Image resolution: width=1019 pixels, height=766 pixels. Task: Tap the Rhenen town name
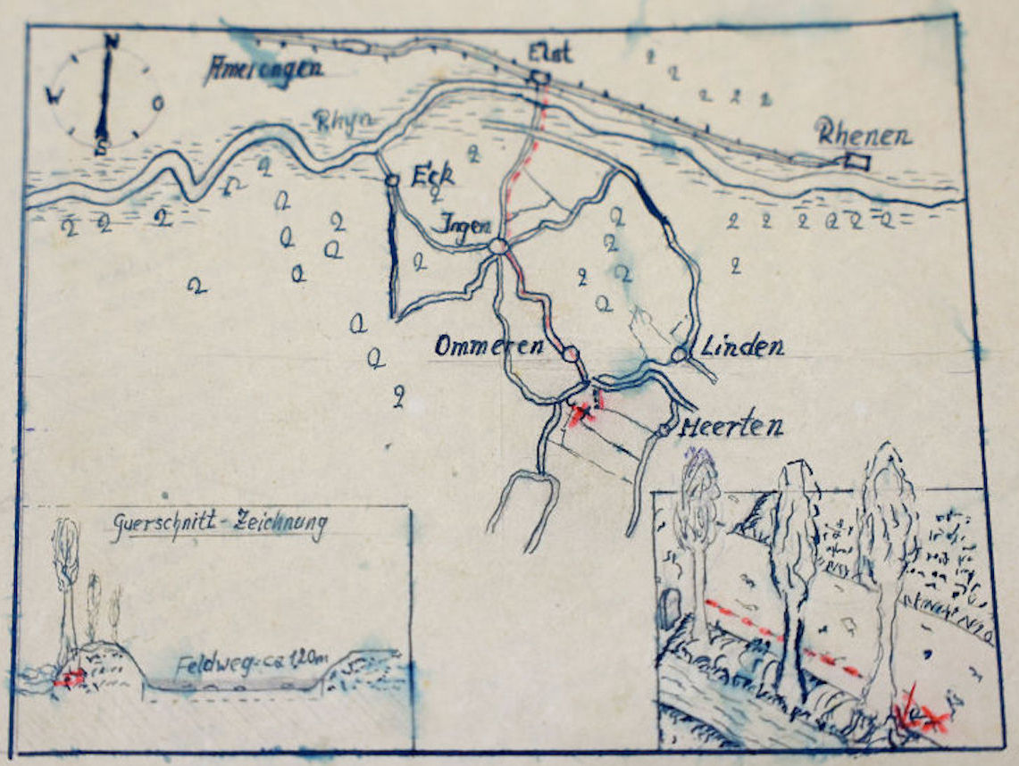(x=863, y=137)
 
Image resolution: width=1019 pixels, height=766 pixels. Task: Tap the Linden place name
(x=741, y=346)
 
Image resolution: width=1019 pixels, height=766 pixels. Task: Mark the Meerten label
(x=731, y=427)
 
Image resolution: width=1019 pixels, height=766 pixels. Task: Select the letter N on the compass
(x=112, y=40)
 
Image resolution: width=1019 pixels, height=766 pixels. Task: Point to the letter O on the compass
(x=157, y=103)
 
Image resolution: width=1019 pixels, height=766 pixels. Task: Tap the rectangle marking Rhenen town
(x=857, y=162)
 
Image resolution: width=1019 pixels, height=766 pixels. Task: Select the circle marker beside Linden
(x=679, y=355)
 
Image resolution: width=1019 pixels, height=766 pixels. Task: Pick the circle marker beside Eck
(x=391, y=181)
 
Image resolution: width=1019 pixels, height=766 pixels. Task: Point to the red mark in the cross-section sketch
(x=69, y=678)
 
